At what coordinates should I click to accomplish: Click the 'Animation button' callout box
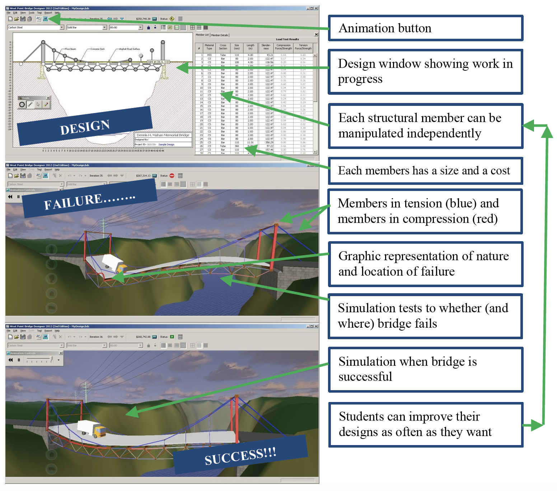(x=425, y=28)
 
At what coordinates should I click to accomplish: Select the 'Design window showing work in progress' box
(x=425, y=71)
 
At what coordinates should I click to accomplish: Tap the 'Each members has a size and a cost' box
(x=425, y=170)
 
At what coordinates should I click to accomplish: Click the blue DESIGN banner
(x=85, y=127)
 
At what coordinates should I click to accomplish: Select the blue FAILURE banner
(x=89, y=200)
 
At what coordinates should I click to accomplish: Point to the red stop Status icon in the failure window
(x=172, y=176)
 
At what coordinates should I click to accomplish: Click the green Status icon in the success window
(x=172, y=337)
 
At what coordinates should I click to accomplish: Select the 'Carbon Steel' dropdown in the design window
(x=36, y=27)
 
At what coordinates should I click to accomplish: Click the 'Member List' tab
(x=202, y=35)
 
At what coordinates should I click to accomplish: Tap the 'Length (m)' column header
(x=251, y=47)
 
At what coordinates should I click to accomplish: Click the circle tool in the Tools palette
(x=22, y=104)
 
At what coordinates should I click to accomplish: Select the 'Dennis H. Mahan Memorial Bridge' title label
(x=163, y=135)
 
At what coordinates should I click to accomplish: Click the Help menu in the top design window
(x=57, y=13)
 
